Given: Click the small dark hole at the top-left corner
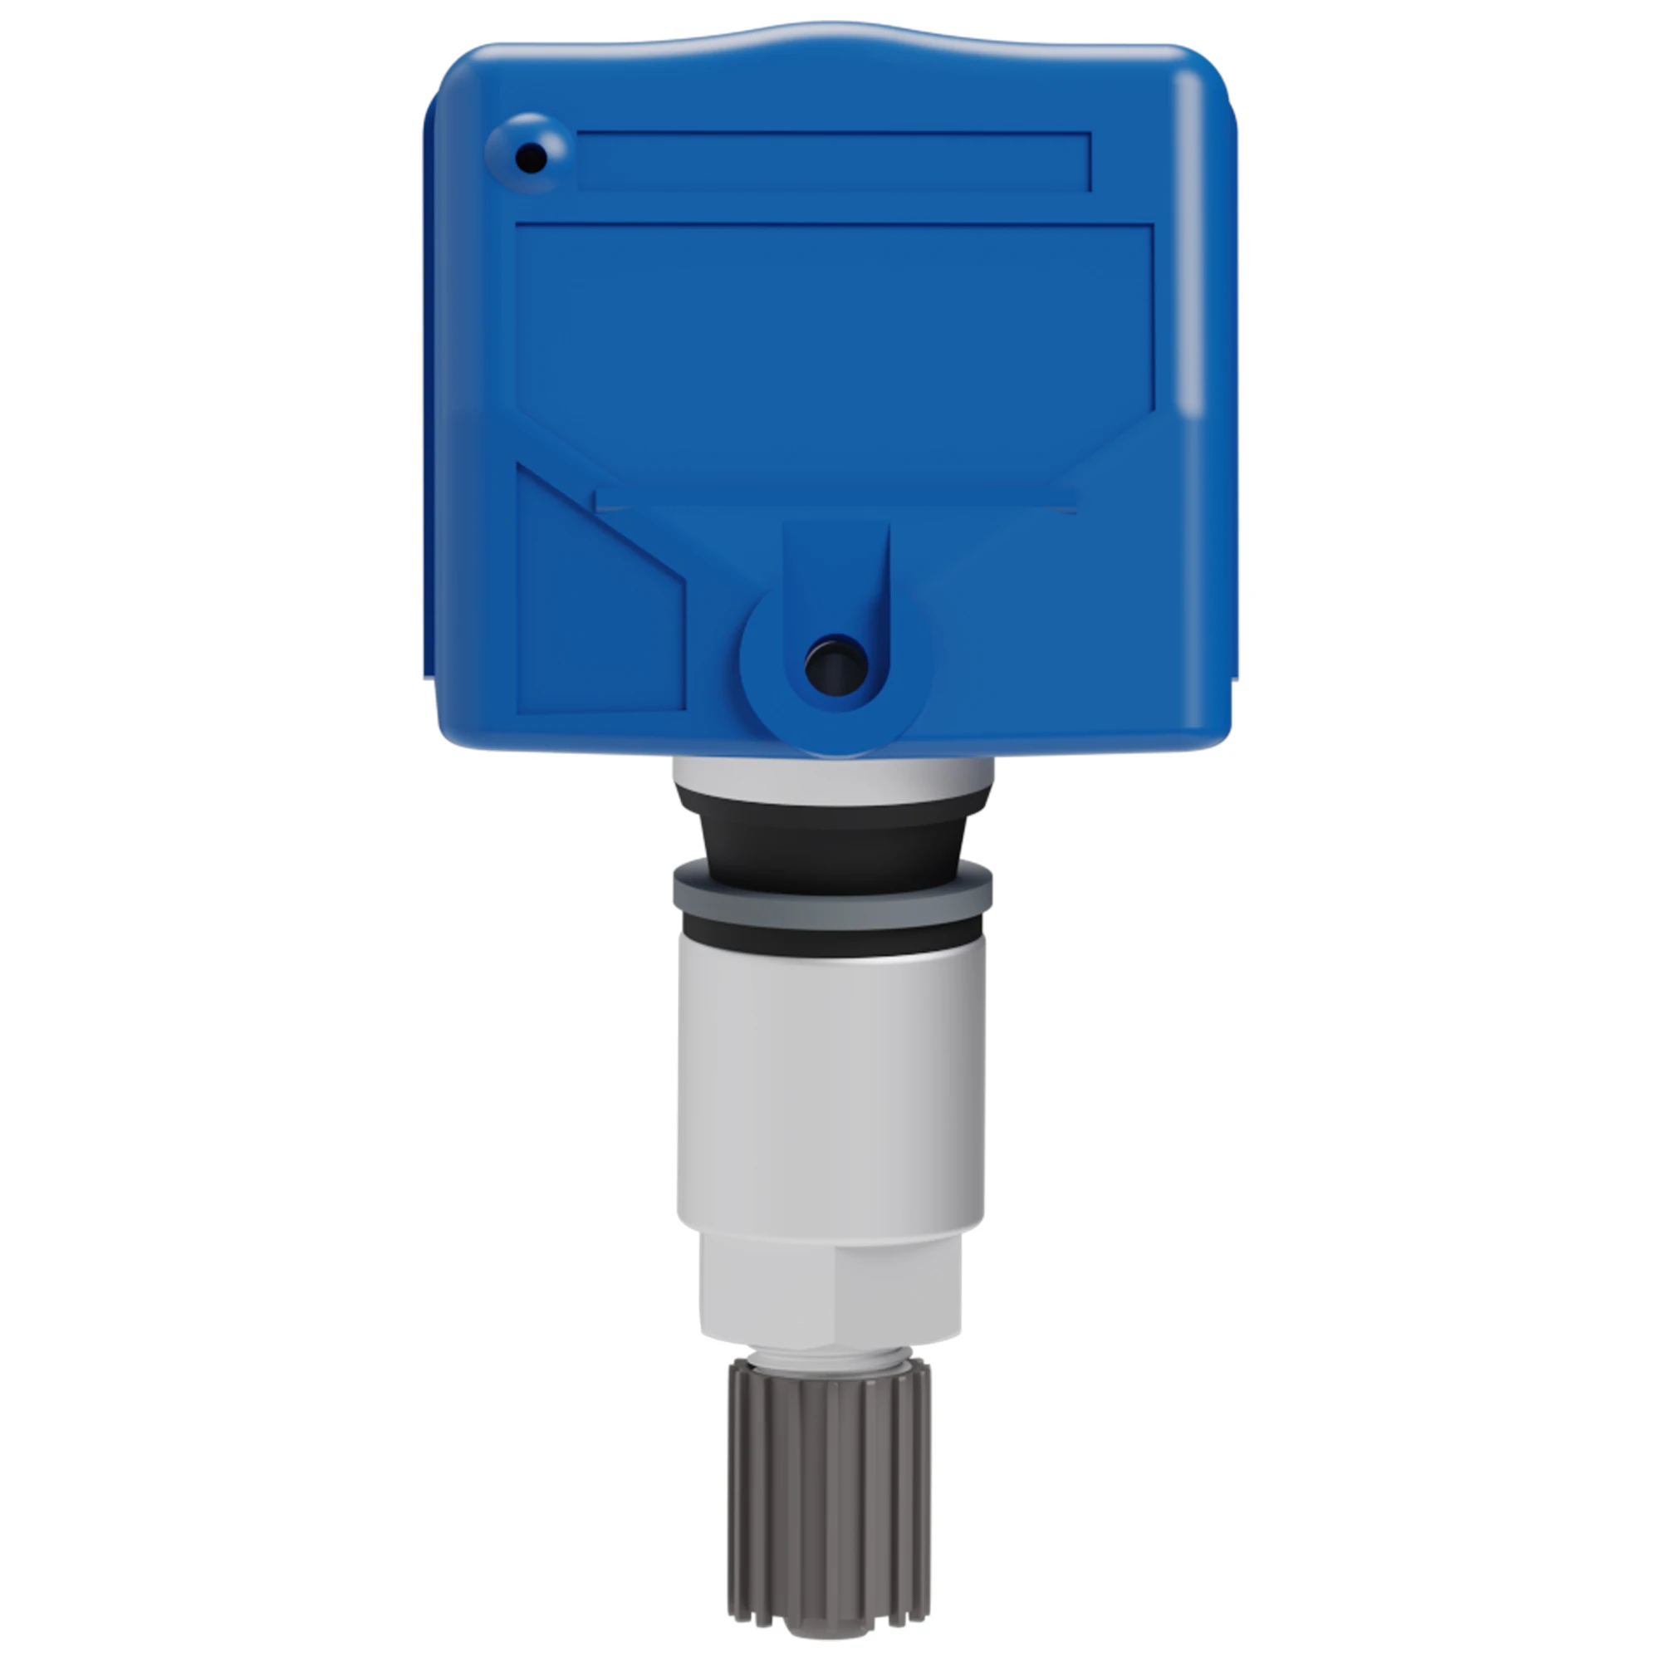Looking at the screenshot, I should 531,158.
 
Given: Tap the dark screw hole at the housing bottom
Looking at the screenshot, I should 835,665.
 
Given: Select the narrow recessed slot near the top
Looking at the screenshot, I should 834,161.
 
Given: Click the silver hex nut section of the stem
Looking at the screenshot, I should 830,1290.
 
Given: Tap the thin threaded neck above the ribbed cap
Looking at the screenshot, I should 829,1357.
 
